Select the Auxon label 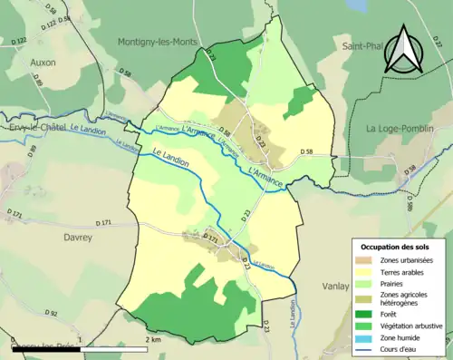[x=42, y=63]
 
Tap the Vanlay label [x=334, y=286]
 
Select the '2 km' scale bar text [x=153, y=340]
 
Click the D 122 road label [x=21, y=42]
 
